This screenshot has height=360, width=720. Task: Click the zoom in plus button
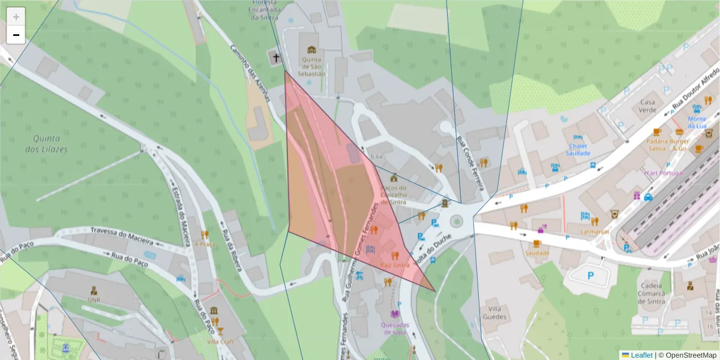pos(16,16)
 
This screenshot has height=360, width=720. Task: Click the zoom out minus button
pos(16,35)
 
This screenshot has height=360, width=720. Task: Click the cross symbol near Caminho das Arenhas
pos(275,58)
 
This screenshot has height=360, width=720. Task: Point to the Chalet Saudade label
pos(578,149)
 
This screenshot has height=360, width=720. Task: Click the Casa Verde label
pos(647,106)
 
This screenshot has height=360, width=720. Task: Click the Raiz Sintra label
pos(394,265)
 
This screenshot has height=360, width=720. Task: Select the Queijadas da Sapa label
pos(394,328)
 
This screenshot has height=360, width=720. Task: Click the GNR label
pos(94,299)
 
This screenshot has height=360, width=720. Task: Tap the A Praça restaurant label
pos(205,244)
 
